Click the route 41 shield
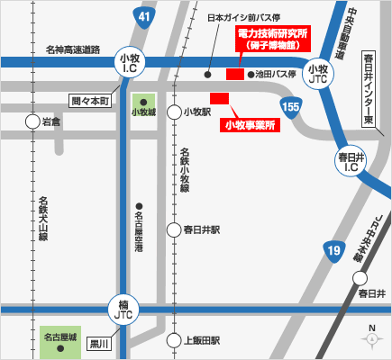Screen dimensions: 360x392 (146, 16)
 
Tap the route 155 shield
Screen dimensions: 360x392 (290, 108)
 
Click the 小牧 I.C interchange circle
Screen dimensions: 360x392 (129, 62)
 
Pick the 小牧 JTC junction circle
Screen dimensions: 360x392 (317, 69)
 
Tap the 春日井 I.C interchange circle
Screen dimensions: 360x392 (349, 162)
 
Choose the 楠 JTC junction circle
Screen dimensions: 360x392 (123, 308)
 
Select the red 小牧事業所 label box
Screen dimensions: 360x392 (249, 124)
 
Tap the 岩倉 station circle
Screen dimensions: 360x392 (32, 121)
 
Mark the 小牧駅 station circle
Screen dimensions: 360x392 (174, 112)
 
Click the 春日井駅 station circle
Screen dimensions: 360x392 (174, 229)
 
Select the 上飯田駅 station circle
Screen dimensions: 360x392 (174, 340)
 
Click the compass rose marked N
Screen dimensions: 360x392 (370, 337)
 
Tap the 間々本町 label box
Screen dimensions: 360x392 (90, 100)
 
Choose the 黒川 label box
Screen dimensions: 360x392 (98, 344)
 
